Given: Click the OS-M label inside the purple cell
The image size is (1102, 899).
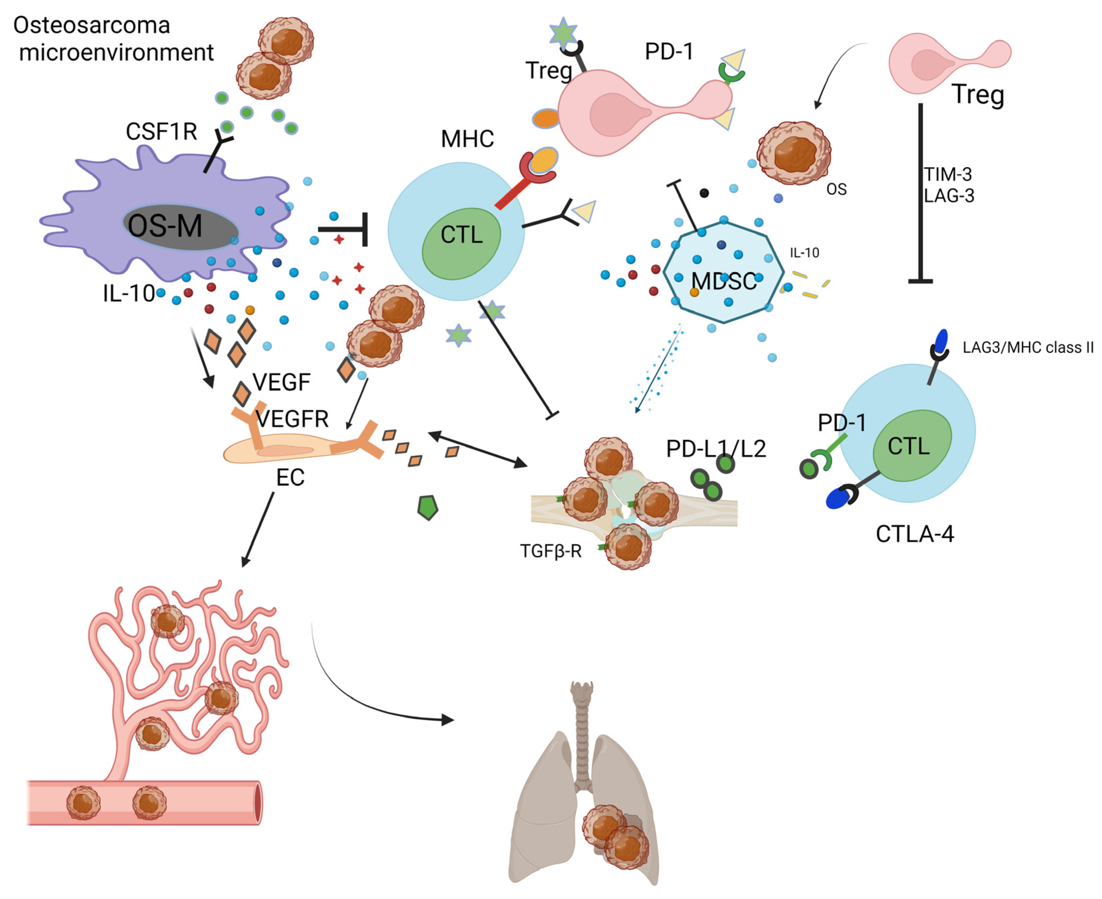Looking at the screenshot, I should coord(165,226).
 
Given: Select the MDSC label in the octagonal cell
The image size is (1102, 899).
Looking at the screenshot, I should coord(724,282).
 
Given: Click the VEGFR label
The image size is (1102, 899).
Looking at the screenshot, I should coord(293,418).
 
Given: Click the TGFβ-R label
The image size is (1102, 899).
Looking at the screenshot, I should coord(551,551).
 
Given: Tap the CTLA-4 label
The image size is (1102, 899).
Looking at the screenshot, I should coord(914,534).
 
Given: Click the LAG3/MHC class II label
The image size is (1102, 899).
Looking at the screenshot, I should coord(1028,347).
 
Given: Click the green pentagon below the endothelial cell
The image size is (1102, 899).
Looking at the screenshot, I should coord(428,508).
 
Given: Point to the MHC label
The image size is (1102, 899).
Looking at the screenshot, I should coord(467,139).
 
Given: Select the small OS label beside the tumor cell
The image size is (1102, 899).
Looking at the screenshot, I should coord(836,190).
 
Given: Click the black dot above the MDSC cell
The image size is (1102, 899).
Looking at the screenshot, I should coord(704,193).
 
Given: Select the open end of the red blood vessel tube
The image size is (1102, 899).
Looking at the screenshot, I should coord(258,803).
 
